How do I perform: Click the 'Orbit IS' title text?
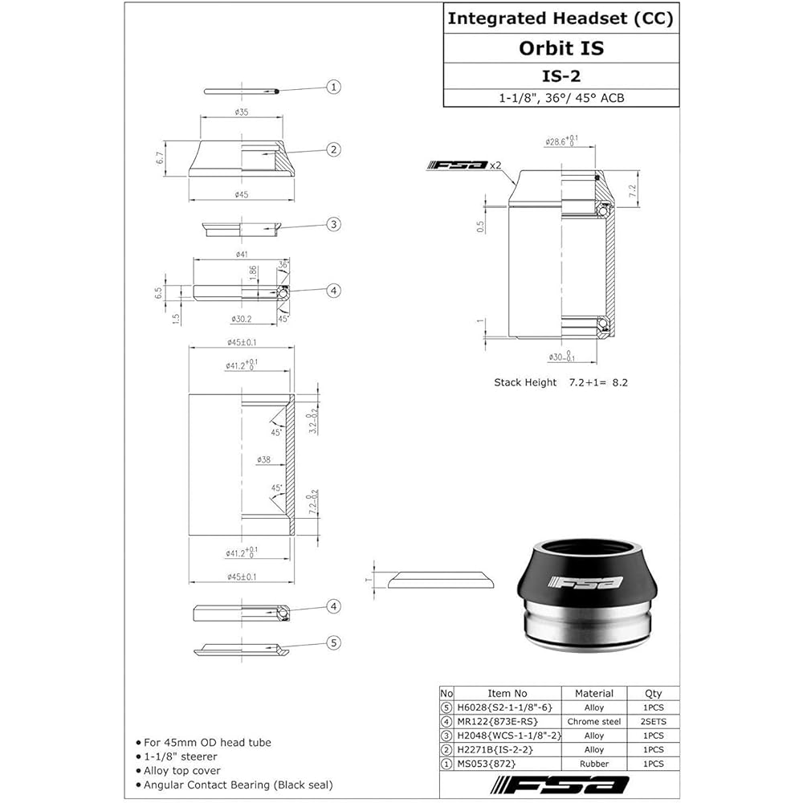(560, 48)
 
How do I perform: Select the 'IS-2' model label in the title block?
(560, 75)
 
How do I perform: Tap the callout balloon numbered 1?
(334, 88)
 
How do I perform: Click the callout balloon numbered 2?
(334, 149)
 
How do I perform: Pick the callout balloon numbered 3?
(334, 225)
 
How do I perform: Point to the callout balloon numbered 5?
(334, 642)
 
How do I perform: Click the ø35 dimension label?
(240, 112)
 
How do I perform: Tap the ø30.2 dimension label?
(241, 320)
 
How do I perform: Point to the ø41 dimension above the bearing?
(241, 254)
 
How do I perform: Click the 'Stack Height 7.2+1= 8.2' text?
(560, 382)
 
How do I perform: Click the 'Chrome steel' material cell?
(594, 722)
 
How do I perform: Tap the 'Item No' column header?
(507, 693)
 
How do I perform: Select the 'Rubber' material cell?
(594, 764)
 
